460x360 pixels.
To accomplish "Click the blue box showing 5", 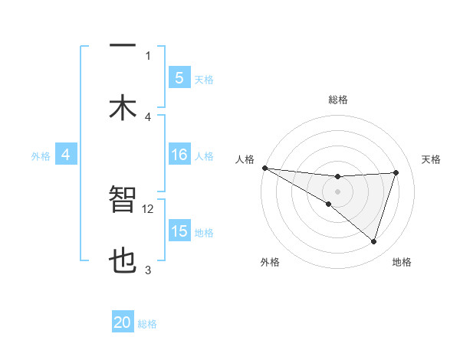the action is [179, 77].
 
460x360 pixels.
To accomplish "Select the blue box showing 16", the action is [179, 155].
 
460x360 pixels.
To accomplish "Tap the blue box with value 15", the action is [179, 231].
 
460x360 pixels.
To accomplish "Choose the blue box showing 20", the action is [123, 323].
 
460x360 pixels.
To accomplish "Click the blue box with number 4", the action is [65, 155].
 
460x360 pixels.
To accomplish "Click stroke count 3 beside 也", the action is [148, 270].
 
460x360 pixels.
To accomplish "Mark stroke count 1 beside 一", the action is [148, 55].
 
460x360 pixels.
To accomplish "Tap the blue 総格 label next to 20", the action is [147, 324].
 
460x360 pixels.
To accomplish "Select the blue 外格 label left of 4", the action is [41, 155].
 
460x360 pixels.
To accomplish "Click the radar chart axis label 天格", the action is [431, 159].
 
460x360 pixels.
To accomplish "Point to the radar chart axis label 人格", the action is [245, 159].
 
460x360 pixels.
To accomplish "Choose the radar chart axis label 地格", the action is [402, 262].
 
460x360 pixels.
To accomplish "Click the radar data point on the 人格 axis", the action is [264, 168].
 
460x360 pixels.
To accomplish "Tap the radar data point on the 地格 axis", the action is [374, 242].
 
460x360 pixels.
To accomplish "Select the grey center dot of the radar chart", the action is [337, 191].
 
